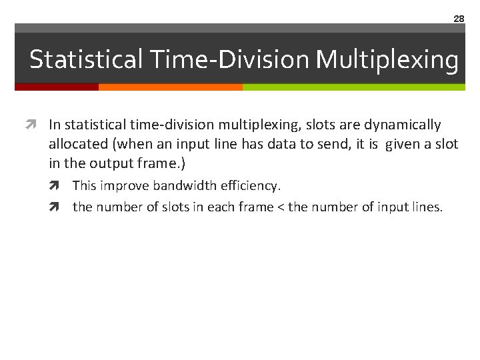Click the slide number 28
459,19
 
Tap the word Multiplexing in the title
387,59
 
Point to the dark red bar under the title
57,87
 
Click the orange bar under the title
170,87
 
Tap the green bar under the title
353,87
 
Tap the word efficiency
252,185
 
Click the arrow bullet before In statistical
39,125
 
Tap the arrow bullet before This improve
63,185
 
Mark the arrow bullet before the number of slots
63,207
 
